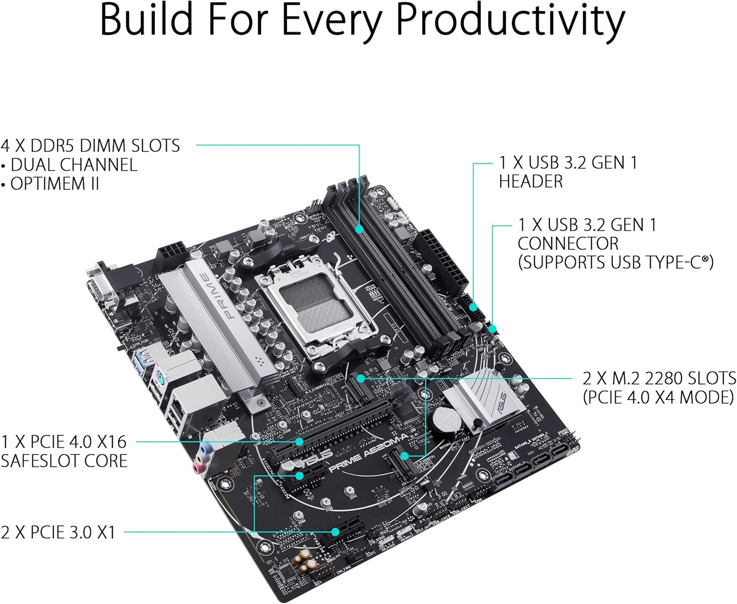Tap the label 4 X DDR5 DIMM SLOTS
[90, 146]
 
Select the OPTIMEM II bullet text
[54, 183]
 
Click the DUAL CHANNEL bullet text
[74, 165]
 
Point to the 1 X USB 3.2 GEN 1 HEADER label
[567, 172]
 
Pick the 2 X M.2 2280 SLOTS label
[659, 378]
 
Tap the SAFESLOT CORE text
[64, 461]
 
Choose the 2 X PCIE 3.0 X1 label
[58, 532]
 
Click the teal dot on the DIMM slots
[359, 229]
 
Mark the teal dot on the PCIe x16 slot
[299, 442]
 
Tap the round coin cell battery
[447, 419]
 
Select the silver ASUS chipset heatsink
[484, 398]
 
